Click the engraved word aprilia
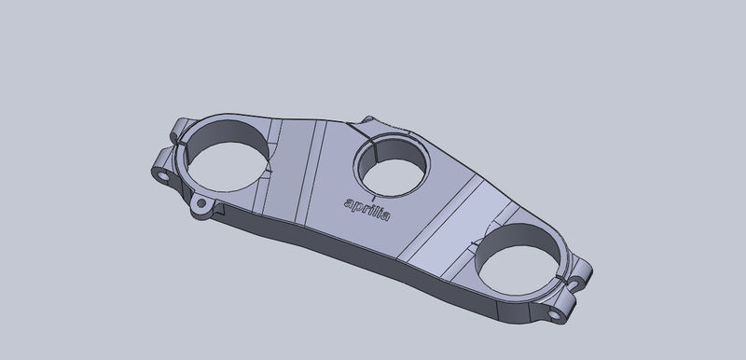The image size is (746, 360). [366, 210]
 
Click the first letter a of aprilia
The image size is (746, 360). [349, 204]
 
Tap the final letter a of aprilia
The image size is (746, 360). [385, 215]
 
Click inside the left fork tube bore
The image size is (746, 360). [228, 166]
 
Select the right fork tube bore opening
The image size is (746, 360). [519, 270]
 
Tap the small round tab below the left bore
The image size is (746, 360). [201, 205]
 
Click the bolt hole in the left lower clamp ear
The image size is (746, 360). [163, 177]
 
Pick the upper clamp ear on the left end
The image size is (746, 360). [180, 130]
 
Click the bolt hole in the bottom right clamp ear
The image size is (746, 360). [554, 314]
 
